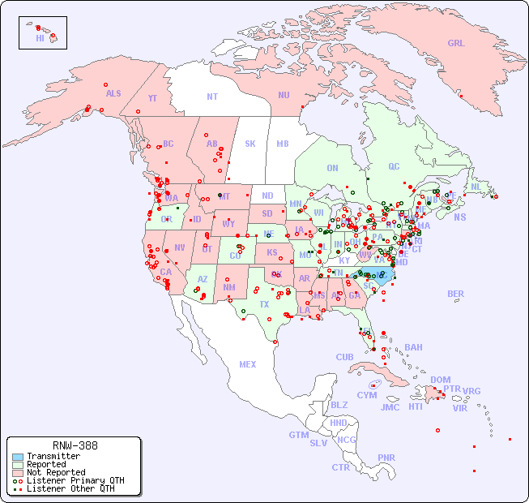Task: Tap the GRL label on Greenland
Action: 456,43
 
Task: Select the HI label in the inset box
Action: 40,38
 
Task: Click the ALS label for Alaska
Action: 113,93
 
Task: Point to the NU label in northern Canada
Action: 284,95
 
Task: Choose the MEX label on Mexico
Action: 248,364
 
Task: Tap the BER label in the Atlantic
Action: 456,294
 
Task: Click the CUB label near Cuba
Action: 344,357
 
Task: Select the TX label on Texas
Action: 264,304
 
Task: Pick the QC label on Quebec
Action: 394,166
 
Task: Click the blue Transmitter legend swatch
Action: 18,457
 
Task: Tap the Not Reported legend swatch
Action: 18,472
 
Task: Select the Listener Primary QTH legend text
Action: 75,480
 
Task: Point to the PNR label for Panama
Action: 386,458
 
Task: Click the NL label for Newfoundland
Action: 476,186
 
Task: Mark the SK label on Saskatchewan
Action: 250,144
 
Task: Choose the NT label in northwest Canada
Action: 212,96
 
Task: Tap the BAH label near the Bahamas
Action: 413,347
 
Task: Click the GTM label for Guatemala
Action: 298,435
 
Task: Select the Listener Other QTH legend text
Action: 70,488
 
